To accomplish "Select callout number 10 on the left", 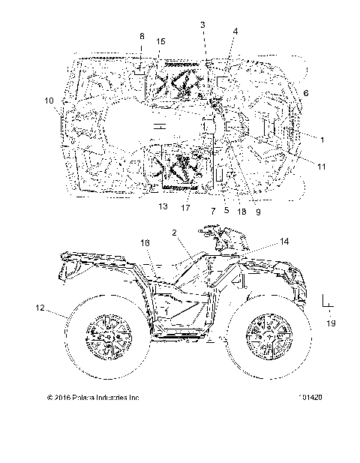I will point(49,101).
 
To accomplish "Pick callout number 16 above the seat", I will point(145,243).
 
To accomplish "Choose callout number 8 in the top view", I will point(141,37).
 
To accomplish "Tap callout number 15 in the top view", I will point(161,41).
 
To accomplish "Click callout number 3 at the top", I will point(202,26).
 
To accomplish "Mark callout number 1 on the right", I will point(322,139).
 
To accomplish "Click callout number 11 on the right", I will point(321,166).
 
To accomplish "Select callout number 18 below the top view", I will point(241,212).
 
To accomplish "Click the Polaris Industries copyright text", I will point(93,398).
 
